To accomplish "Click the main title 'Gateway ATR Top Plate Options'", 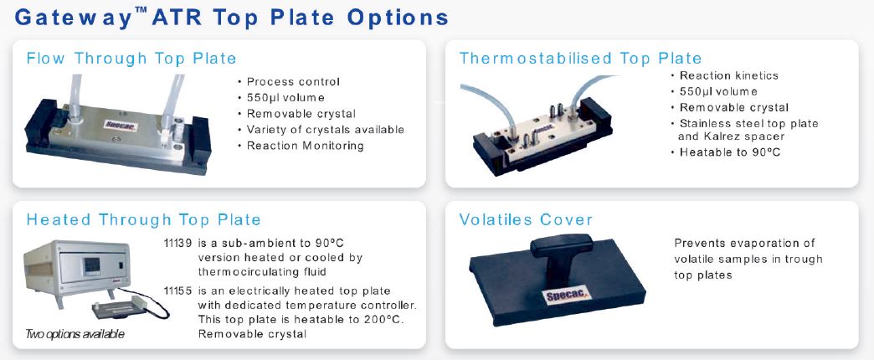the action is [x=231, y=18].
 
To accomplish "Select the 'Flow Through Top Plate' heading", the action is [x=131, y=59].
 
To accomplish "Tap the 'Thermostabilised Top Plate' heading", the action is [x=580, y=58].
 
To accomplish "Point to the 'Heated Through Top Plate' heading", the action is [x=143, y=219].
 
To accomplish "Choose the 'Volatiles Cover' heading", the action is [x=526, y=219].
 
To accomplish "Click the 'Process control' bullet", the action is [x=288, y=82].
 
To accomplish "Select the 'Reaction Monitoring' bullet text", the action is [x=301, y=146].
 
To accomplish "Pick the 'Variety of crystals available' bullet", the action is [x=321, y=130].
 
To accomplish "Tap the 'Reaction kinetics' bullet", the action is [x=724, y=75].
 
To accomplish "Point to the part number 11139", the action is [x=177, y=244].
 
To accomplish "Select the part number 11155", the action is [x=177, y=291].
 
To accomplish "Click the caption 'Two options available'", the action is [x=75, y=334].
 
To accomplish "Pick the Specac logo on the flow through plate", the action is [x=121, y=125].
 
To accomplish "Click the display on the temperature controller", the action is [x=91, y=266].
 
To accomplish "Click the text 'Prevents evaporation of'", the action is [x=745, y=243].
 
